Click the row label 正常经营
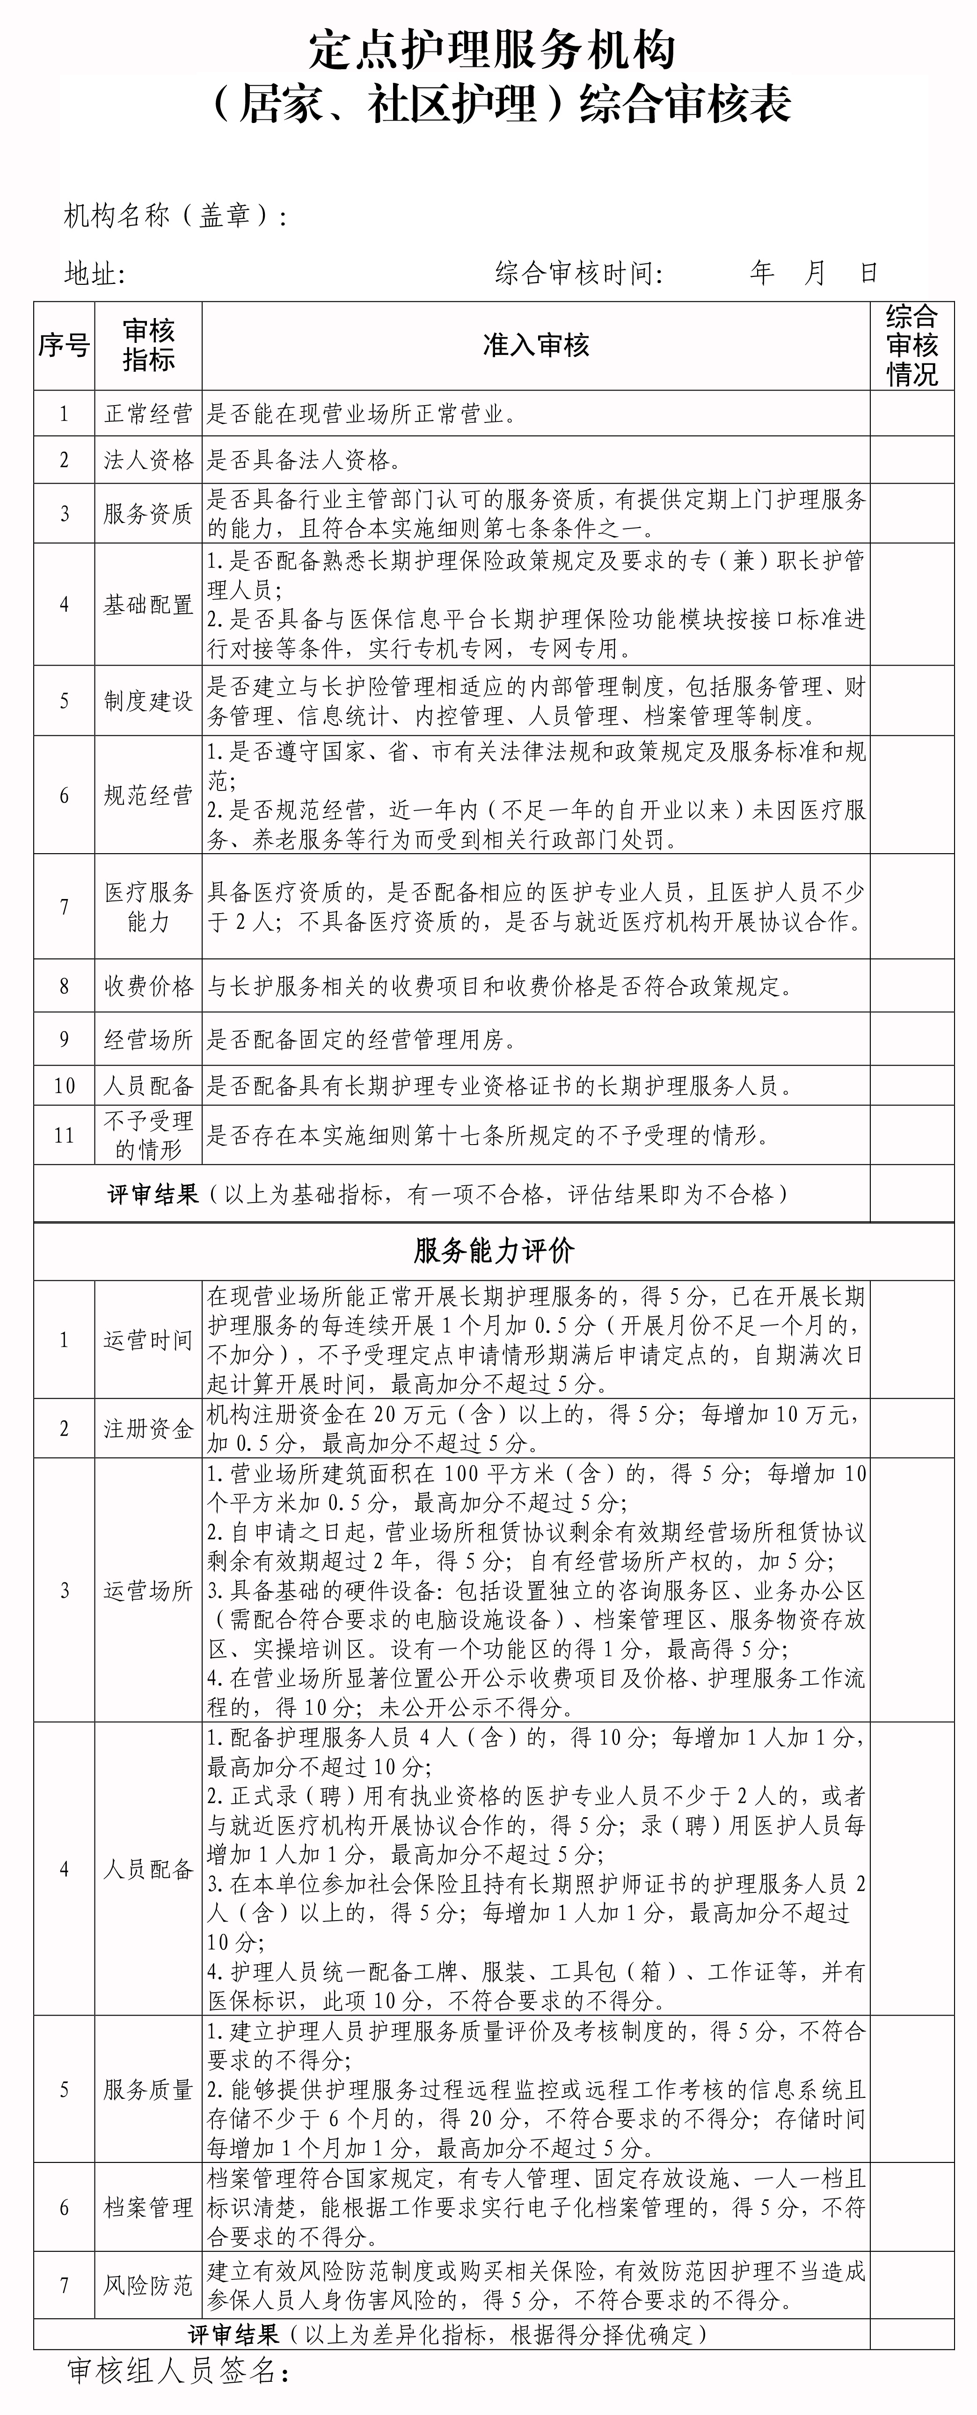pos(148,413)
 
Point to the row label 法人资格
pos(148,460)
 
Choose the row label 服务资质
pos(148,514)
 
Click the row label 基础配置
pos(148,605)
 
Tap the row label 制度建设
pos(148,701)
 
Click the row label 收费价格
pos(148,986)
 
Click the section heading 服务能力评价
pos(494,1251)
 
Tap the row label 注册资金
pos(148,1429)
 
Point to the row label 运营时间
pos(148,1340)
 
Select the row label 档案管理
pos(148,2208)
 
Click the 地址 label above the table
pos(94,274)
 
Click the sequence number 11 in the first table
pos(64,1135)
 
